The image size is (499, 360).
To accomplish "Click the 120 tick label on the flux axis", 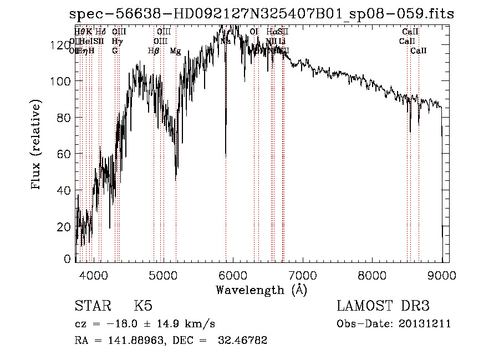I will [62, 45].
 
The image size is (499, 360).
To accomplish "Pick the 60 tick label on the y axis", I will [65, 154].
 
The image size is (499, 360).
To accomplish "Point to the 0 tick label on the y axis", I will [68, 259].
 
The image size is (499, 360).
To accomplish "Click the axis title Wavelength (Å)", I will [261, 290].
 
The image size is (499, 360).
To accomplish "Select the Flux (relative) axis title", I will [37, 146].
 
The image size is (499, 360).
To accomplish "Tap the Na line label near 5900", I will [226, 41].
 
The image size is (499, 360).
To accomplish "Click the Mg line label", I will [175, 50].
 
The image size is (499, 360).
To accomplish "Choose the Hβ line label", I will [154, 50].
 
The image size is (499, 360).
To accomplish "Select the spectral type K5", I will [143, 306].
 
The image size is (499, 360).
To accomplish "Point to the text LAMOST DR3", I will [383, 306].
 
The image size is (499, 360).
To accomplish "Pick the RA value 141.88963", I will [135, 341].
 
